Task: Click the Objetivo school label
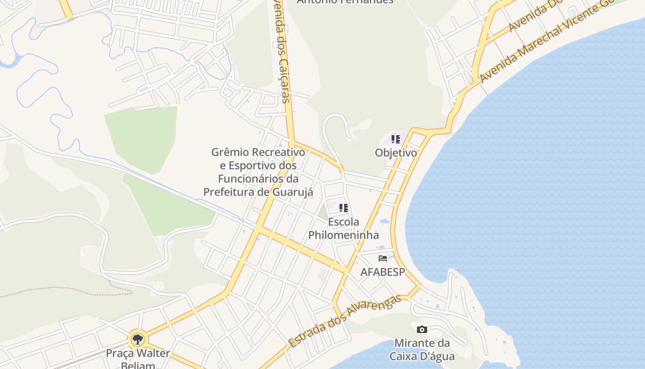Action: pos(396,153)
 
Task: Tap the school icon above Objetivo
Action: pos(395,139)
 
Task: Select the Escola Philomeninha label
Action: pos(343,228)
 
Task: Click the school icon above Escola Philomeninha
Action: pos(343,208)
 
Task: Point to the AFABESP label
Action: pos(382,272)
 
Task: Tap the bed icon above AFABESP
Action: pos(382,258)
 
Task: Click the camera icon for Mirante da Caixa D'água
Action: pos(422,329)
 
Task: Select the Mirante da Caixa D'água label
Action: pos(422,350)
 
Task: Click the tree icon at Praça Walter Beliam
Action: pos(137,340)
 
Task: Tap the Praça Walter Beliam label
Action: pos(138,359)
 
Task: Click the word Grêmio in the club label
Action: pos(230,152)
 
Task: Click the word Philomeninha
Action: pos(343,235)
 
